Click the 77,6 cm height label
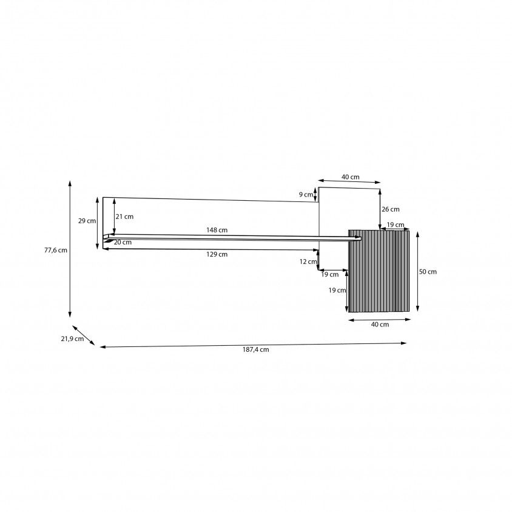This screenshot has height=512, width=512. [x=56, y=250]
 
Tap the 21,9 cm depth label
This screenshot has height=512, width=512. [x=72, y=339]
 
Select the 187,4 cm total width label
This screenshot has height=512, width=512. [x=255, y=349]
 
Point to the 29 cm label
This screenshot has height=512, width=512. [x=87, y=221]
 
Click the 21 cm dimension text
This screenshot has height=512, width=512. [x=124, y=217]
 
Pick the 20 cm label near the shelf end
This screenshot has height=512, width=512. [x=123, y=242]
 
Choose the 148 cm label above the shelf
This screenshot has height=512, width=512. [x=217, y=230]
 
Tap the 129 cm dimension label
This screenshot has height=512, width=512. [x=217, y=254]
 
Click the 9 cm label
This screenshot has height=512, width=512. [x=306, y=195]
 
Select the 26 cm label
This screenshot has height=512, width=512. [x=391, y=209]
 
